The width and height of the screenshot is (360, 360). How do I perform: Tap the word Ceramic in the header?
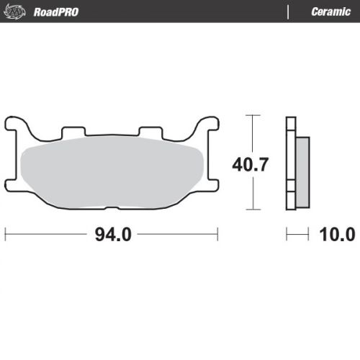pos(330,12)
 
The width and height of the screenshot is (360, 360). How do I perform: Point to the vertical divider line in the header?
pos(288,12)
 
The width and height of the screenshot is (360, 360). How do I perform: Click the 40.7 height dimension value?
pos(250,164)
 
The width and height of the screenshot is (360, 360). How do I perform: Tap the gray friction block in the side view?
pos(302,173)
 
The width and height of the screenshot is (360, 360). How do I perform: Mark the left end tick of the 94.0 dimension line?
pos(6,235)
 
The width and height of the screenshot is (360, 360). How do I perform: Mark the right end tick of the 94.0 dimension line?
pos(217,235)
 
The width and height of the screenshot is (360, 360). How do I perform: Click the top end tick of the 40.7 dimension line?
pos(251,115)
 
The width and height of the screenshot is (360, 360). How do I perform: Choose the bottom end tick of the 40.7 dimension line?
pos(251,211)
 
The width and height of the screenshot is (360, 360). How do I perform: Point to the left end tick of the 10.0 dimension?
pos(287,235)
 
